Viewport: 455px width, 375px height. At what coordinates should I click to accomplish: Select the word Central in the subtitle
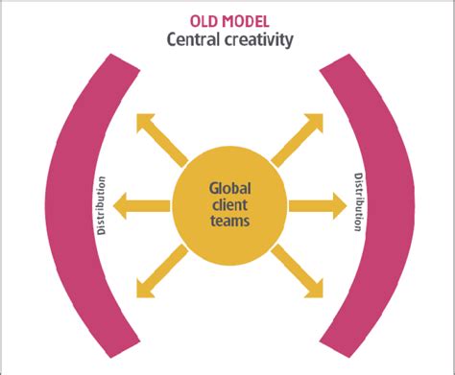click(191, 40)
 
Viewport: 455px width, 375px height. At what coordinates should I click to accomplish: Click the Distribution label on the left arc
click(102, 203)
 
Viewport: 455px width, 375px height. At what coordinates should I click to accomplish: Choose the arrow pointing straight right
click(317, 203)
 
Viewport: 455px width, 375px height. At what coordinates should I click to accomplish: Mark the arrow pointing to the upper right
click(297, 138)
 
